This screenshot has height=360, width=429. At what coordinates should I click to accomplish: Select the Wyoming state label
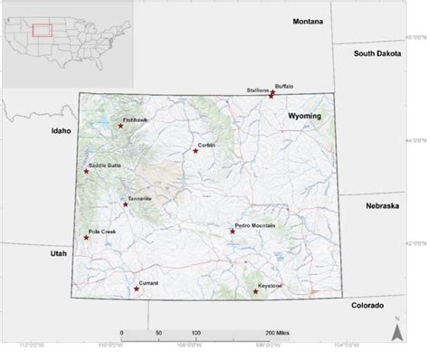pos(305,118)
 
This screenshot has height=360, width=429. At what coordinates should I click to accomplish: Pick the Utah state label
pos(58,254)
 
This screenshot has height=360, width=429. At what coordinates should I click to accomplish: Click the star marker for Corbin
pos(195,151)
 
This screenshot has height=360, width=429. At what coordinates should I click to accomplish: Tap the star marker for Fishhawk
pos(120,126)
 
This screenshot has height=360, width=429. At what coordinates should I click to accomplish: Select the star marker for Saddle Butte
pos(87,171)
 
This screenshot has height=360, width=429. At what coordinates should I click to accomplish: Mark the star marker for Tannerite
pos(126,204)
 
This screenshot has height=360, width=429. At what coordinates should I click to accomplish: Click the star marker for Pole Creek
pos(87,238)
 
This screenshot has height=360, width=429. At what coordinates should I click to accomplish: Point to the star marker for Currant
pos(137,289)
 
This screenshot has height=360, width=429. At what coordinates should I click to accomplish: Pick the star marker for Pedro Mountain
pos(233,232)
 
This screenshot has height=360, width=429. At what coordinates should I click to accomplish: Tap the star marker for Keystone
pos(255,292)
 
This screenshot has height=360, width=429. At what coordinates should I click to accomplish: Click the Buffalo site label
pos(284,86)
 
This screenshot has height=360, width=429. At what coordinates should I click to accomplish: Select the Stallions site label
pos(258,90)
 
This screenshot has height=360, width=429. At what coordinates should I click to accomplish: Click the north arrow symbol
pos(396,330)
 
